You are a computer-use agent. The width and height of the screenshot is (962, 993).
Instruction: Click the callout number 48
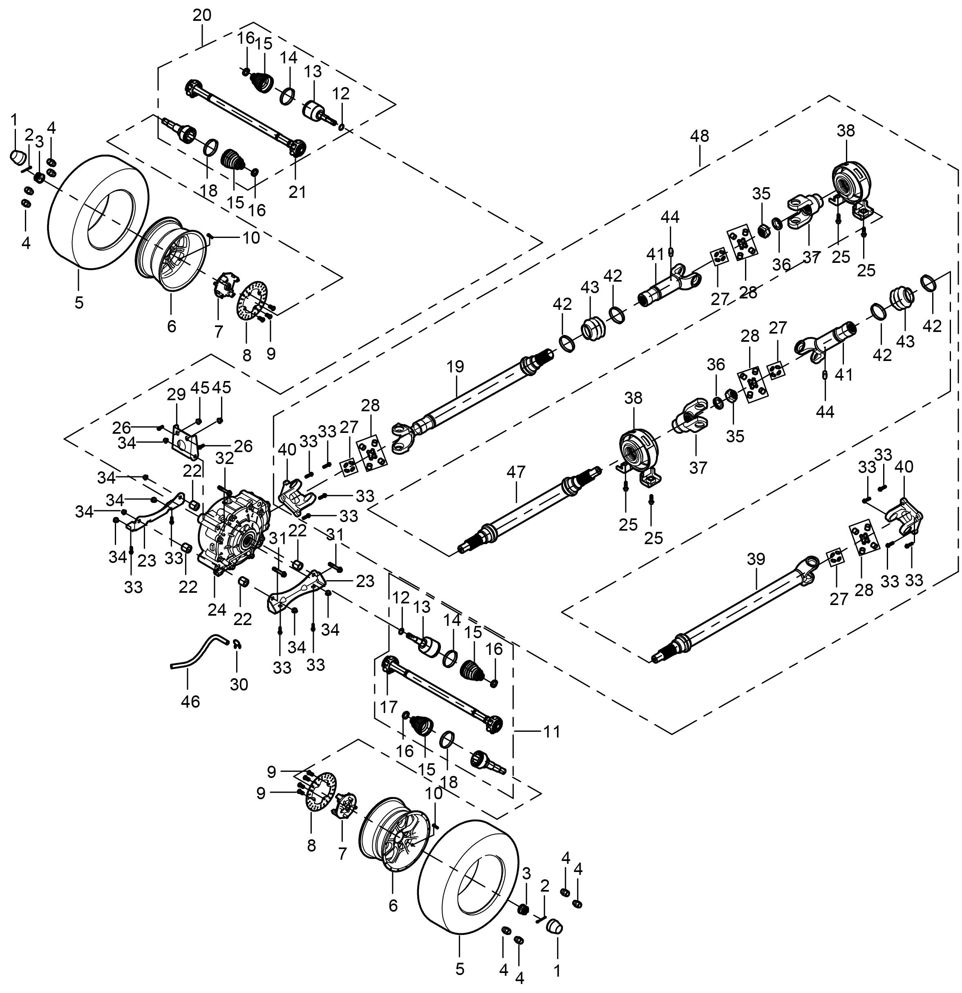click(x=699, y=136)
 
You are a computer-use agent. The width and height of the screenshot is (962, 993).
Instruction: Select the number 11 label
click(x=552, y=732)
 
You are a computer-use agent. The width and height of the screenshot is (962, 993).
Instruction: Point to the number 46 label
click(x=190, y=702)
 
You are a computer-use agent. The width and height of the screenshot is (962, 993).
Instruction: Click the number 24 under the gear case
click(x=217, y=610)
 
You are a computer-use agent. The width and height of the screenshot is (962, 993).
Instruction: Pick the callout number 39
click(x=755, y=560)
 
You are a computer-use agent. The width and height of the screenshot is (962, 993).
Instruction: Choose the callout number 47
click(x=516, y=472)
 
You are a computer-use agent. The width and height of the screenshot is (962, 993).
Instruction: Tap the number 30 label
click(x=239, y=684)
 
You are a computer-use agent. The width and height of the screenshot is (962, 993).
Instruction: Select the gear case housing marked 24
click(x=235, y=532)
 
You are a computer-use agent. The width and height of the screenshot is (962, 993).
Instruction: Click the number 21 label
click(x=298, y=192)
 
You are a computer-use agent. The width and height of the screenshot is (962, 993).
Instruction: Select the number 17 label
click(x=389, y=707)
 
